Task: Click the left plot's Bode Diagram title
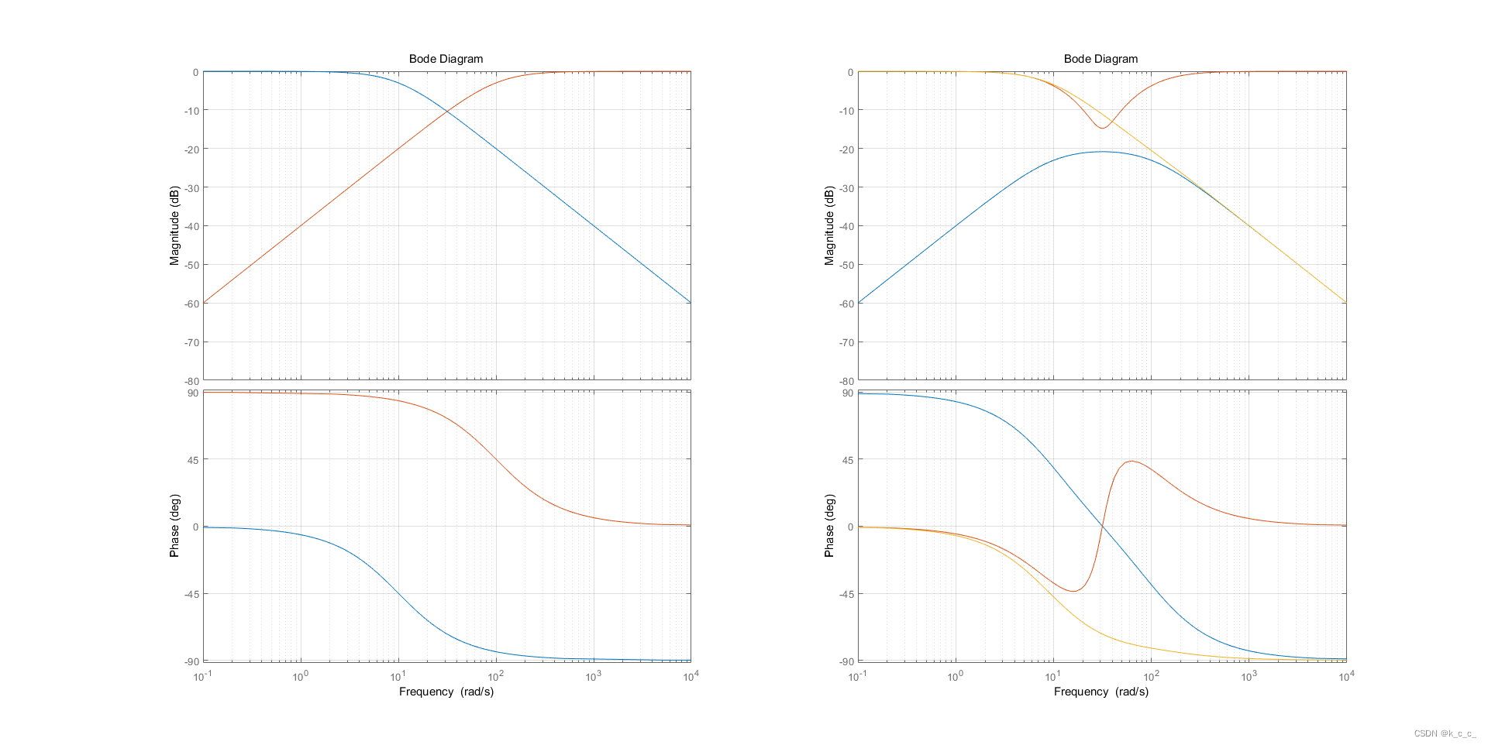[x=446, y=59]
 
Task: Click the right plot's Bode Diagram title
[x=1100, y=59]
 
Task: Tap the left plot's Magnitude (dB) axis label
[x=174, y=225]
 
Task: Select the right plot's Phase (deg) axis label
[x=829, y=526]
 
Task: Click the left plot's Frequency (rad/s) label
[x=446, y=692]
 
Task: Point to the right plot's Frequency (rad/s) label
[x=1100, y=692]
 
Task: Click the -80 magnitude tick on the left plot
[x=191, y=381]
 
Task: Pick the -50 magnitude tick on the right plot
[x=846, y=265]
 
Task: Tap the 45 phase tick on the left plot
[x=192, y=460]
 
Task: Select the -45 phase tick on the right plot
[x=846, y=594]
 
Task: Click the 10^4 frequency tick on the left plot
[x=690, y=677]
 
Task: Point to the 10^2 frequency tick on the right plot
[x=1151, y=677]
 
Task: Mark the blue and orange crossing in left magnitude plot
[x=447, y=113]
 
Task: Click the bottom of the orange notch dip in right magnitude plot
[x=1102, y=128]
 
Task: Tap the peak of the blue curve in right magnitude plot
[x=1102, y=152]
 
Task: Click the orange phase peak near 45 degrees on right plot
[x=1131, y=462]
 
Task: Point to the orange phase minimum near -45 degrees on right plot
[x=1073, y=592]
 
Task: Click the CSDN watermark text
[x=1445, y=733]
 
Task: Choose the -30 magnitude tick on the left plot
[x=191, y=188]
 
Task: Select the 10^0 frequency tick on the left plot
[x=301, y=677]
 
